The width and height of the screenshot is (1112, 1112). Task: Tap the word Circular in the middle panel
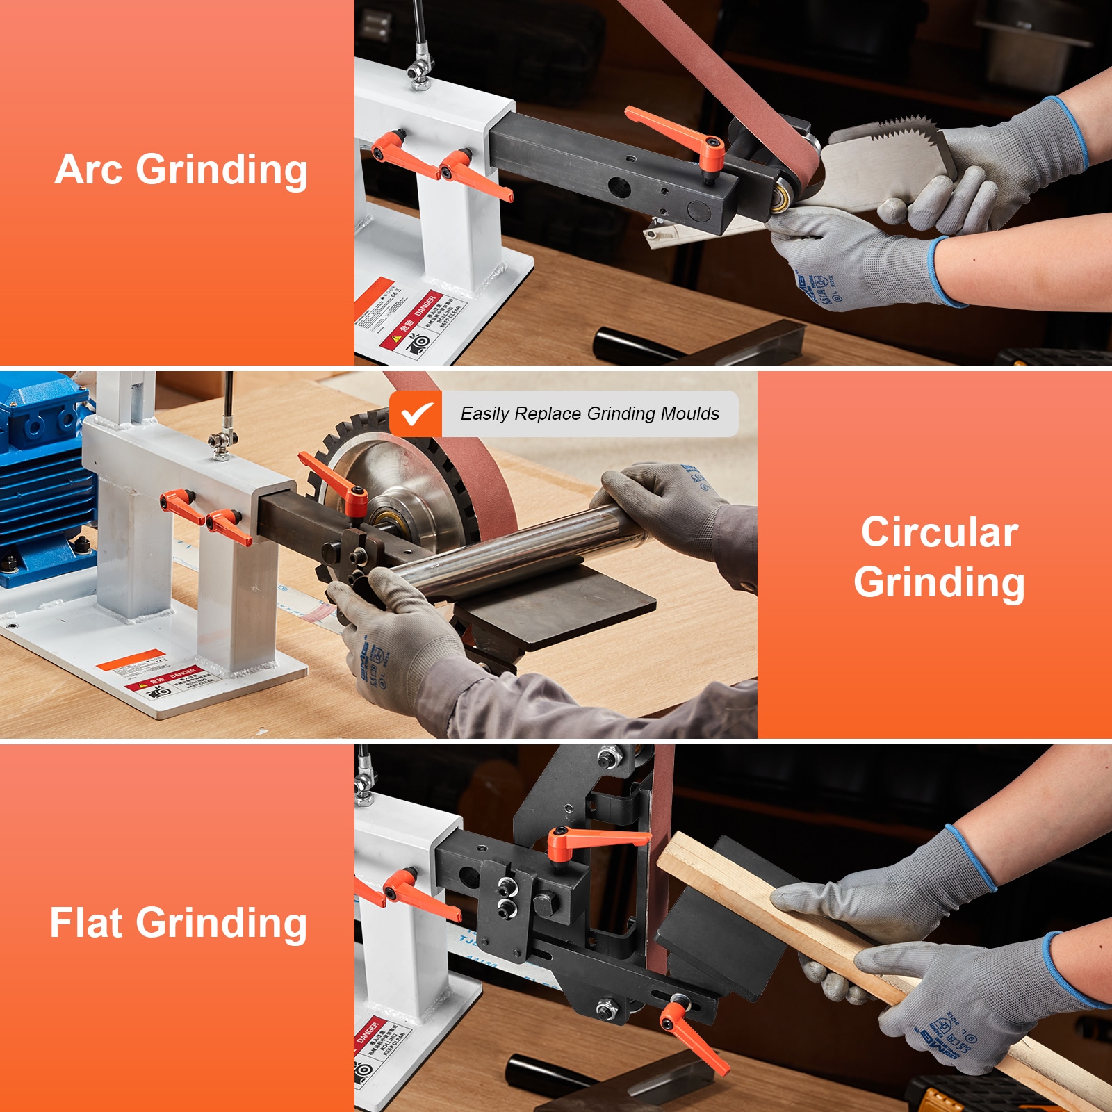[x=940, y=532]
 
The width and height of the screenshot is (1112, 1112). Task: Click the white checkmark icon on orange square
[x=416, y=414]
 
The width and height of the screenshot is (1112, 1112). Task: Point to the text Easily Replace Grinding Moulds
[x=589, y=414]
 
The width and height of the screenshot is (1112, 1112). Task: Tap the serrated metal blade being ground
[x=883, y=163]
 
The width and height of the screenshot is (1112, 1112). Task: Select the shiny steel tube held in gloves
[x=514, y=549]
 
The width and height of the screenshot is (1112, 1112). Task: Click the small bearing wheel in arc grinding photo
[x=783, y=197]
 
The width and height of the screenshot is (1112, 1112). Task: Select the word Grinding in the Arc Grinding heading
[x=222, y=170]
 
